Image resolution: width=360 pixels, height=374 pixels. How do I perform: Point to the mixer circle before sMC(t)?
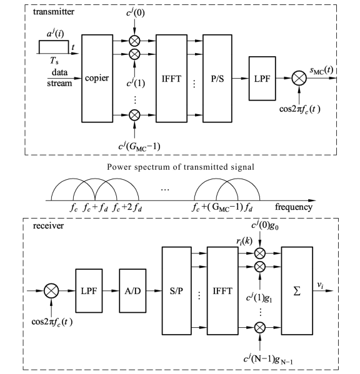pyautogui.click(x=299, y=78)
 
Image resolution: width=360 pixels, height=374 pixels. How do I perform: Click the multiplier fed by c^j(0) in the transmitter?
pyautogui.click(x=134, y=41)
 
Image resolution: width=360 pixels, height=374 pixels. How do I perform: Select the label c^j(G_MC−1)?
pyautogui.click(x=139, y=146)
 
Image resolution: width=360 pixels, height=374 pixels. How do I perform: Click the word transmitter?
pyautogui.click(x=54, y=12)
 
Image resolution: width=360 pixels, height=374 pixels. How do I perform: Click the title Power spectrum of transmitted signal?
pyautogui.click(x=181, y=167)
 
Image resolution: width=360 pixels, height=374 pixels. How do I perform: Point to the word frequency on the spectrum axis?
pyautogui.click(x=294, y=207)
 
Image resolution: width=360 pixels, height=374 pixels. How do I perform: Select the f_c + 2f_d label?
pyautogui.click(x=127, y=207)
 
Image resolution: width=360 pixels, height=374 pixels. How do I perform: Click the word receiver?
pyautogui.click(x=49, y=225)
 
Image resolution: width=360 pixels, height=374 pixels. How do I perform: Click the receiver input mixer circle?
pyautogui.click(x=51, y=291)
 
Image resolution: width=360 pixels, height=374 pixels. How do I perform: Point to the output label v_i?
pyautogui.click(x=321, y=285)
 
